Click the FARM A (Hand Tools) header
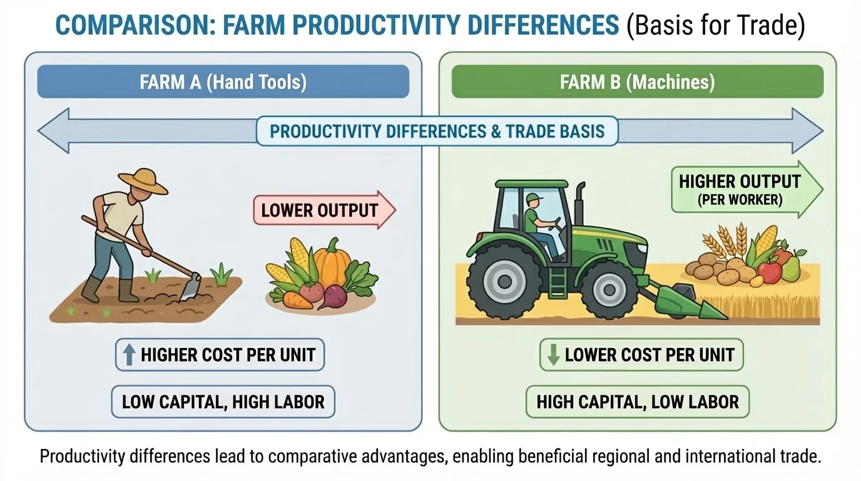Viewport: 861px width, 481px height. pyautogui.click(x=223, y=82)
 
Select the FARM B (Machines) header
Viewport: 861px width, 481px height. pyautogui.click(x=637, y=82)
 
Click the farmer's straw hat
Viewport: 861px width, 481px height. pyautogui.click(x=144, y=180)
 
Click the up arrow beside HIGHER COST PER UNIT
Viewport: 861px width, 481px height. pyautogui.click(x=129, y=356)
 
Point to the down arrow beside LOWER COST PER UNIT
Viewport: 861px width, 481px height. pyautogui.click(x=553, y=355)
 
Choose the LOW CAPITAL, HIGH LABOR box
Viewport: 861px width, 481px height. pyautogui.click(x=223, y=401)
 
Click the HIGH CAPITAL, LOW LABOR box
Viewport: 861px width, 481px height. pyautogui.click(x=637, y=401)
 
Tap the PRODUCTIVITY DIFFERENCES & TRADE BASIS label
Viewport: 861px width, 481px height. pyautogui.click(x=437, y=132)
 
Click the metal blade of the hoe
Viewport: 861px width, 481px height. pyautogui.click(x=191, y=287)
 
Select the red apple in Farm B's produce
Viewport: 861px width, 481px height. pyautogui.click(x=769, y=271)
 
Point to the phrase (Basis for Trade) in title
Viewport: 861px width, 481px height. pyautogui.click(x=716, y=26)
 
